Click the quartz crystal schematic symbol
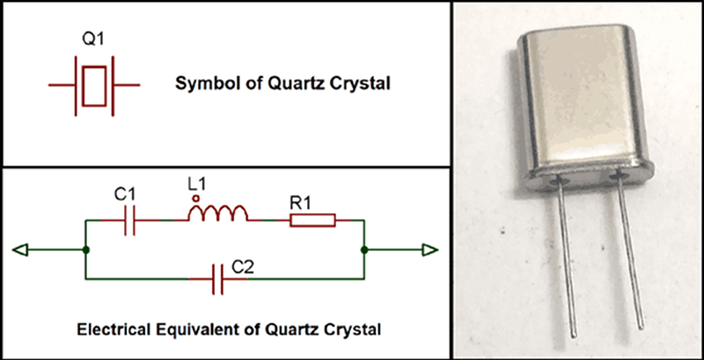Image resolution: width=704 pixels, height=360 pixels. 94,85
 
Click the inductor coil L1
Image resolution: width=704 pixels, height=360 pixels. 219,215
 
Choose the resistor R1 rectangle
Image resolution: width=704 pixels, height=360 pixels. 312,220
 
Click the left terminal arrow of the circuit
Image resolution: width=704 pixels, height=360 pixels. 21,251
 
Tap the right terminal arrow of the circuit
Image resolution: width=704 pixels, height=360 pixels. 429,251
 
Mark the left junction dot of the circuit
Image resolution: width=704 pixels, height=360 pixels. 84,251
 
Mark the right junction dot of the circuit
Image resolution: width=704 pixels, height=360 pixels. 363,251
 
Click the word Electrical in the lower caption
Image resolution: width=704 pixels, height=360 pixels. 112,331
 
